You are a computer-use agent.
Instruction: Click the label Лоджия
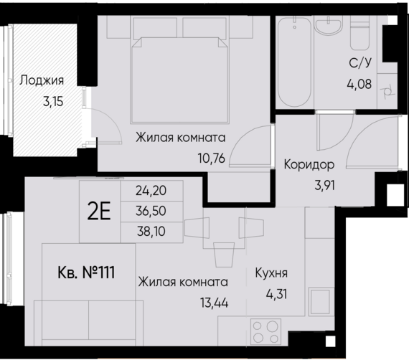42,80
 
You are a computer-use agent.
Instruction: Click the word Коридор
309,164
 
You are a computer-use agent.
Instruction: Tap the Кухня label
271,273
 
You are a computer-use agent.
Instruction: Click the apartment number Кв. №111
85,273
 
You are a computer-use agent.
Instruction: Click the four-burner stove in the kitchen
265,332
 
